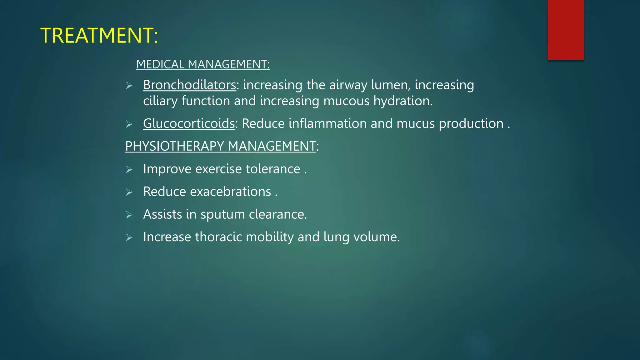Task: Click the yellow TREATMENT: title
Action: pyautogui.click(x=99, y=35)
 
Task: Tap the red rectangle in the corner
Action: pyautogui.click(x=566, y=30)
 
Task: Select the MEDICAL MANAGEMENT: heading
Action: pyautogui.click(x=203, y=64)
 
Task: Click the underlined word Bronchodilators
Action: pyautogui.click(x=189, y=85)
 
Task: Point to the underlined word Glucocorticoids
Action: pyautogui.click(x=189, y=123)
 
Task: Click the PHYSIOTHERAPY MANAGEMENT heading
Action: pyautogui.click(x=221, y=146)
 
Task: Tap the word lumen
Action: pyautogui.click(x=391, y=85)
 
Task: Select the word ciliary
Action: pyautogui.click(x=160, y=101)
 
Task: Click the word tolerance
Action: pyautogui.click(x=273, y=169)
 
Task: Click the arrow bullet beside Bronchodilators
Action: pyautogui.click(x=129, y=86)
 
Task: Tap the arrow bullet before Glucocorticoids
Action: pyautogui.click(x=129, y=124)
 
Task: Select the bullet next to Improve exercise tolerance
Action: pyautogui.click(x=129, y=170)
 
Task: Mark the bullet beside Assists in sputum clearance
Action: pyautogui.click(x=129, y=215)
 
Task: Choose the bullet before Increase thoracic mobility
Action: pyautogui.click(x=129, y=238)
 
